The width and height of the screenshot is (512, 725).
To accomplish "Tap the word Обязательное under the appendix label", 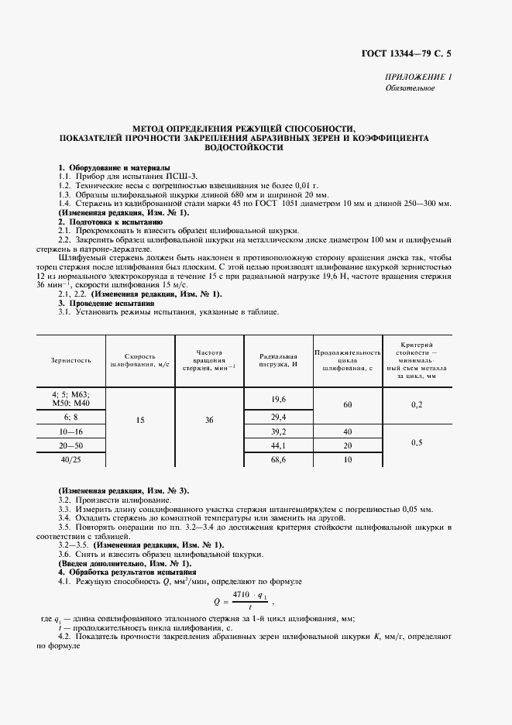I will click(x=411, y=88).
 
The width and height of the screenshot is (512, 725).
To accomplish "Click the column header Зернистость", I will click(x=71, y=360).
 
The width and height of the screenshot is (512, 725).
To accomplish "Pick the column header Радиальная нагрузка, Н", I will click(x=279, y=360).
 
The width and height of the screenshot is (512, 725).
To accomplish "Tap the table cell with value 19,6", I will click(x=279, y=398).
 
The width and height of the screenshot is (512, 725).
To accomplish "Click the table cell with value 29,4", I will click(x=279, y=417).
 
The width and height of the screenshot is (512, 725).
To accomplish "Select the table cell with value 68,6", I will click(x=279, y=459).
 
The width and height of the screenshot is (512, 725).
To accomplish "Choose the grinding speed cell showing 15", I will click(x=140, y=420).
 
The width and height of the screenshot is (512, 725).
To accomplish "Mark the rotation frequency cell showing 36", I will click(x=209, y=420).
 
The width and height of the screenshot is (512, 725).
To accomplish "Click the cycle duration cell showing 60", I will click(x=347, y=405).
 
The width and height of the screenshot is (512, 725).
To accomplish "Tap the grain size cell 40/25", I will click(x=71, y=459).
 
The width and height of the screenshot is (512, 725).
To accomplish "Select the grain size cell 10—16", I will click(x=71, y=431).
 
